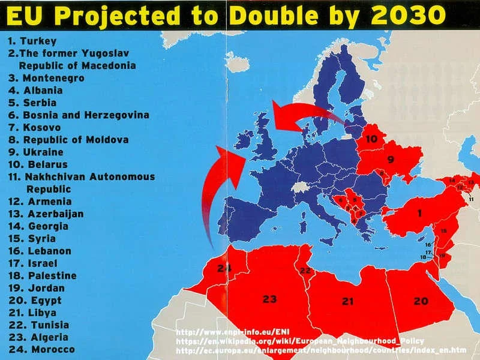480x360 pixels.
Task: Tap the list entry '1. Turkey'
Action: (32, 41)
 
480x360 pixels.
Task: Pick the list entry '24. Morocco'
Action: (41, 349)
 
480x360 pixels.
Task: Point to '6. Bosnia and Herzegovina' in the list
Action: (78, 115)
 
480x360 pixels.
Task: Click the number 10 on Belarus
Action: (372, 139)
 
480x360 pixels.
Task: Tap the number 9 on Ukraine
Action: (389, 159)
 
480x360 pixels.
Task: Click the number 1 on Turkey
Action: (419, 213)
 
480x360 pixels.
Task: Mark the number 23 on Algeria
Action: (269, 298)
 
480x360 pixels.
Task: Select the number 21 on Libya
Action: (347, 301)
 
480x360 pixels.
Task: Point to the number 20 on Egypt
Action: (421, 301)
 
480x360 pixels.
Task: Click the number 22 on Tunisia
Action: (305, 271)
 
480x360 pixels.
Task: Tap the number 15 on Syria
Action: (443, 231)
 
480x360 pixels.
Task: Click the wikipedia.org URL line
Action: (300, 340)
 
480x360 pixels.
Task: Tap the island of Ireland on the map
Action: (245, 143)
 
